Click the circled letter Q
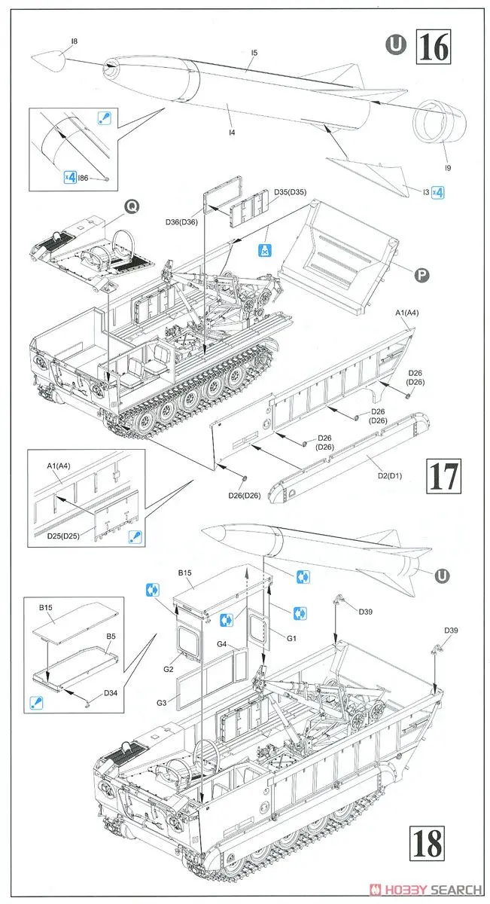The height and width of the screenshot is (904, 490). coord(132,205)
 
